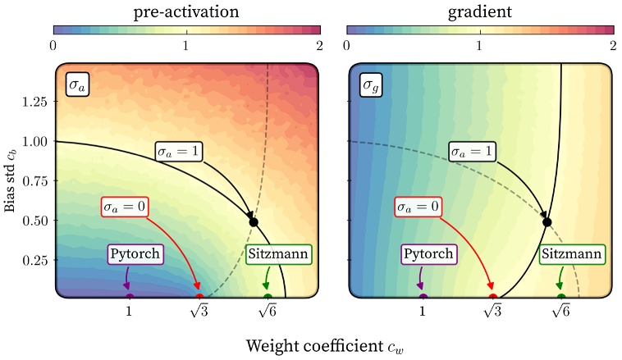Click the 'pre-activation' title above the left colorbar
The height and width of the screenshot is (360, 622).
pyautogui.click(x=185, y=11)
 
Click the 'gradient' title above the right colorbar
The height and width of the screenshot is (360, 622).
pyautogui.click(x=480, y=11)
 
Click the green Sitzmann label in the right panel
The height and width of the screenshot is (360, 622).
pyautogui.click(x=572, y=254)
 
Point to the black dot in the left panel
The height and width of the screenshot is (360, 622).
pyautogui.click(x=254, y=222)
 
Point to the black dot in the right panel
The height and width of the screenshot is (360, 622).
pyautogui.click(x=547, y=222)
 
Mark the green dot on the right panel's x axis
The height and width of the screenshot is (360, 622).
pyautogui.click(x=561, y=298)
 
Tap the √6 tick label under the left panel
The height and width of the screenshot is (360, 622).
pyautogui.click(x=268, y=312)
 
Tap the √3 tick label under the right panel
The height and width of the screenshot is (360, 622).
pyautogui.click(x=492, y=312)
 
